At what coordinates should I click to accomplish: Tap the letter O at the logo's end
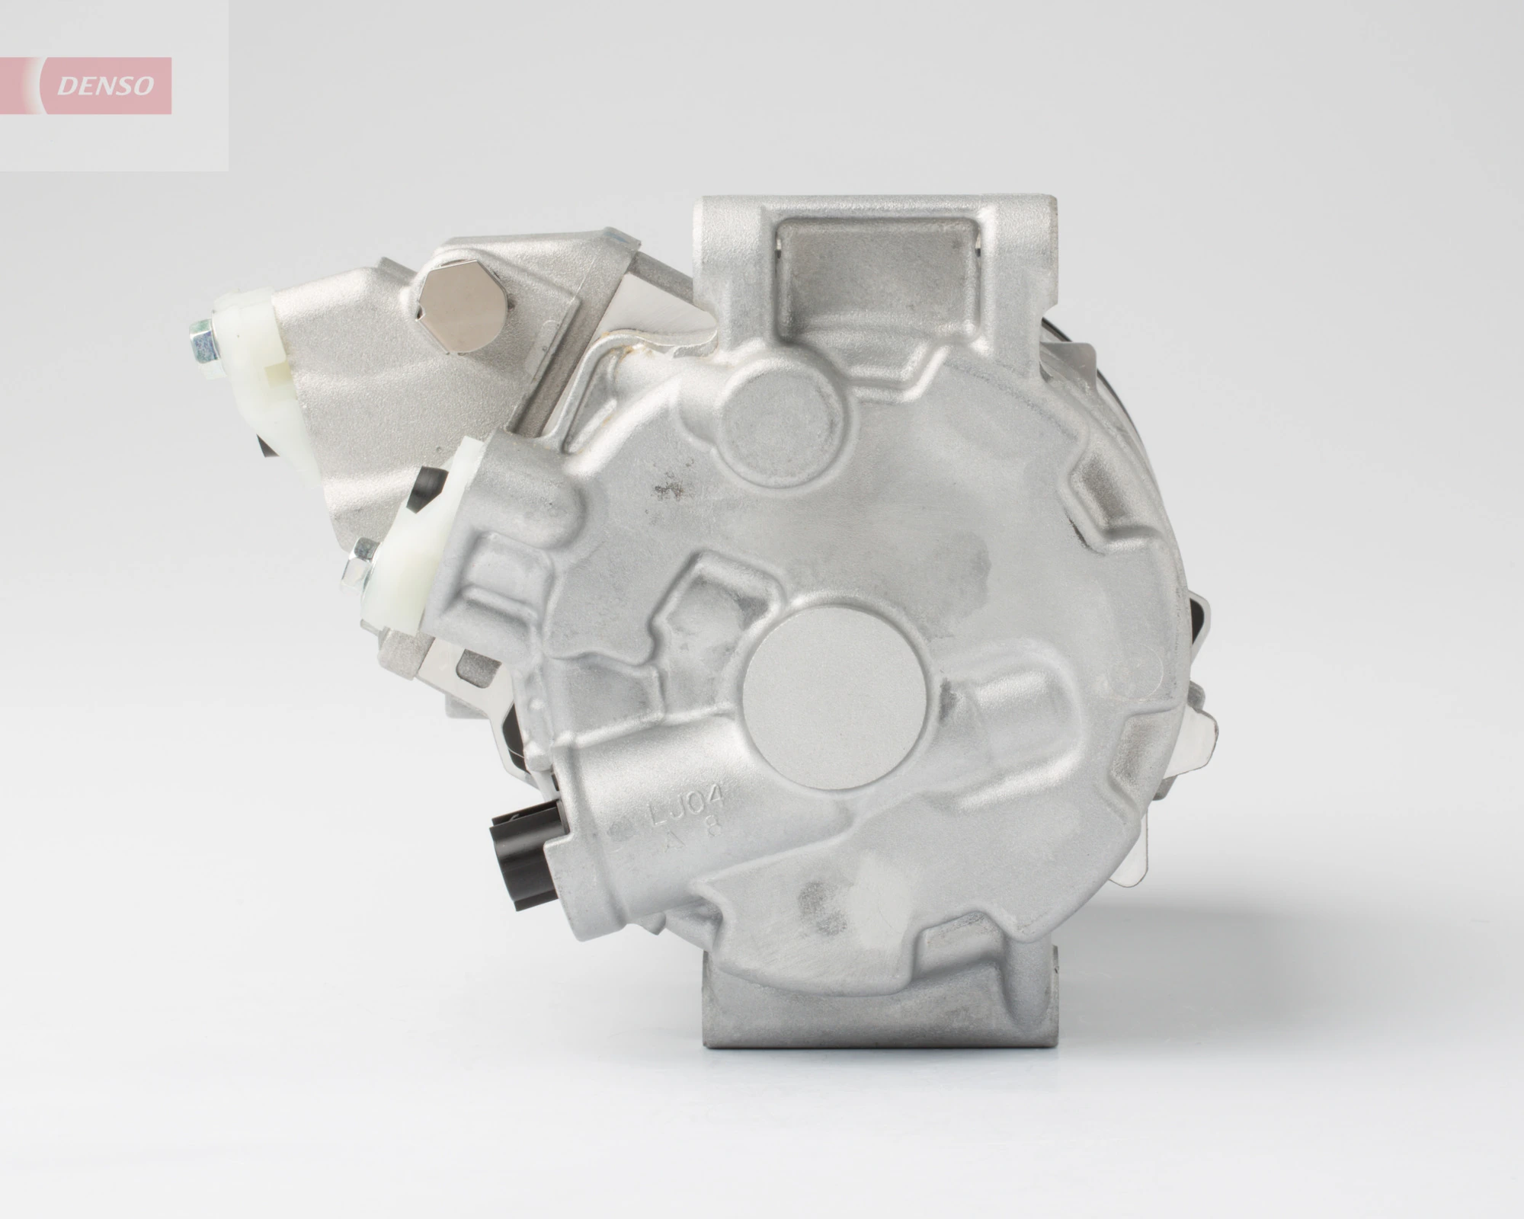[142, 86]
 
